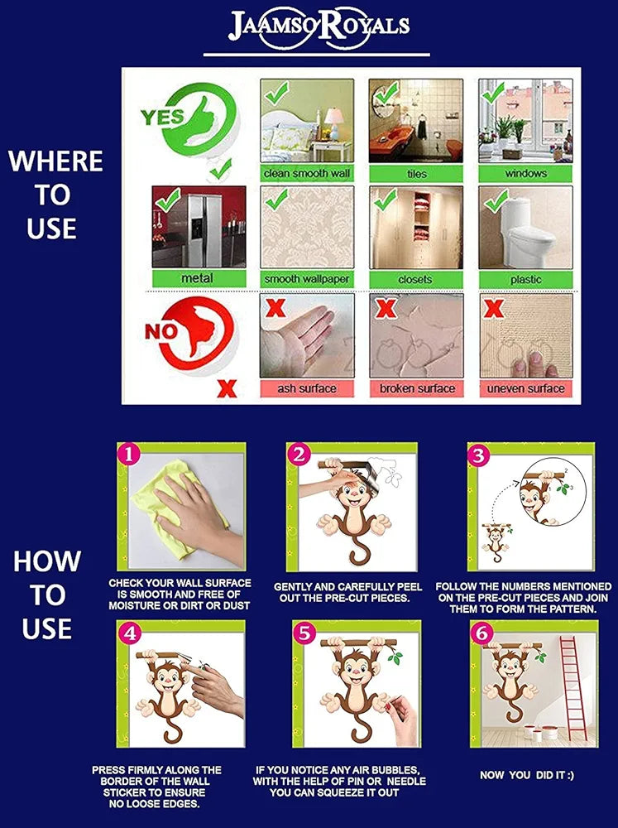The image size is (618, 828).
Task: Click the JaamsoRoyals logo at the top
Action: click(x=319, y=28)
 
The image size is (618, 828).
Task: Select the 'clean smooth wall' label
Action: click(x=307, y=174)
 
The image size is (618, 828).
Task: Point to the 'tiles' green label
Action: click(x=416, y=174)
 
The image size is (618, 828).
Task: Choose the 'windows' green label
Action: click(x=525, y=174)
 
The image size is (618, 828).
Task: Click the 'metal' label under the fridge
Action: click(x=198, y=278)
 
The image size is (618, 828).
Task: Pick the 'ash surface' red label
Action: click(x=307, y=388)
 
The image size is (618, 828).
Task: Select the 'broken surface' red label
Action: click(x=416, y=388)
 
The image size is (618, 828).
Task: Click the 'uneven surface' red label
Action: click(x=525, y=388)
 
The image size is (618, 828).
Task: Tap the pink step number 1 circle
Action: click(x=129, y=454)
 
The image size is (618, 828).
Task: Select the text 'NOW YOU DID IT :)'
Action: click(x=526, y=775)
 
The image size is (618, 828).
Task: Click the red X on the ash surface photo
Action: click(x=275, y=307)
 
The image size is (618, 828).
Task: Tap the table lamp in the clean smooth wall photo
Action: click(x=333, y=123)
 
